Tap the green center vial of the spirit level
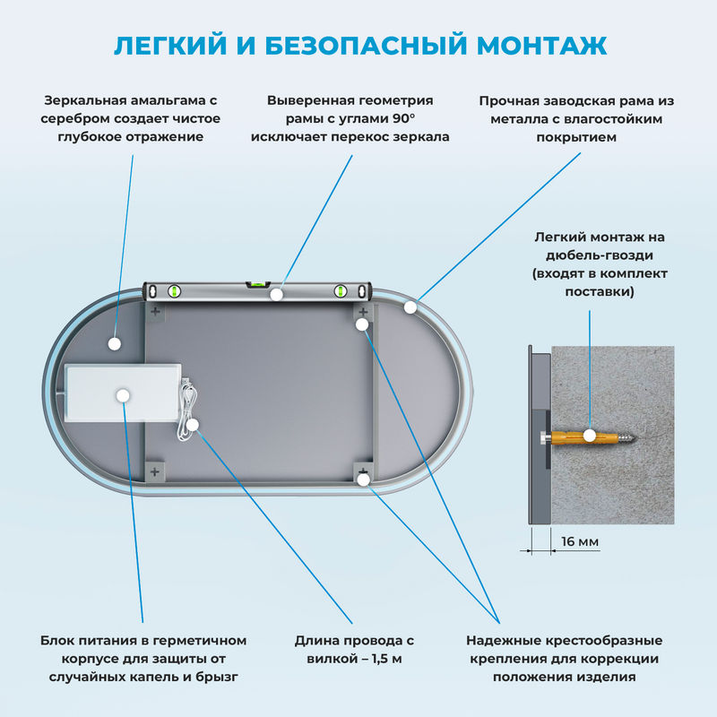(259, 285)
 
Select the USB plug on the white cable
(186, 388)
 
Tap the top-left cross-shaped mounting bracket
(155, 312)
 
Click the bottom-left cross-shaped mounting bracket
(155, 471)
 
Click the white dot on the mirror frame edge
(410, 307)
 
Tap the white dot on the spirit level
(277, 293)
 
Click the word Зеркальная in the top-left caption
(89, 101)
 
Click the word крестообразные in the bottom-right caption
(604, 641)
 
